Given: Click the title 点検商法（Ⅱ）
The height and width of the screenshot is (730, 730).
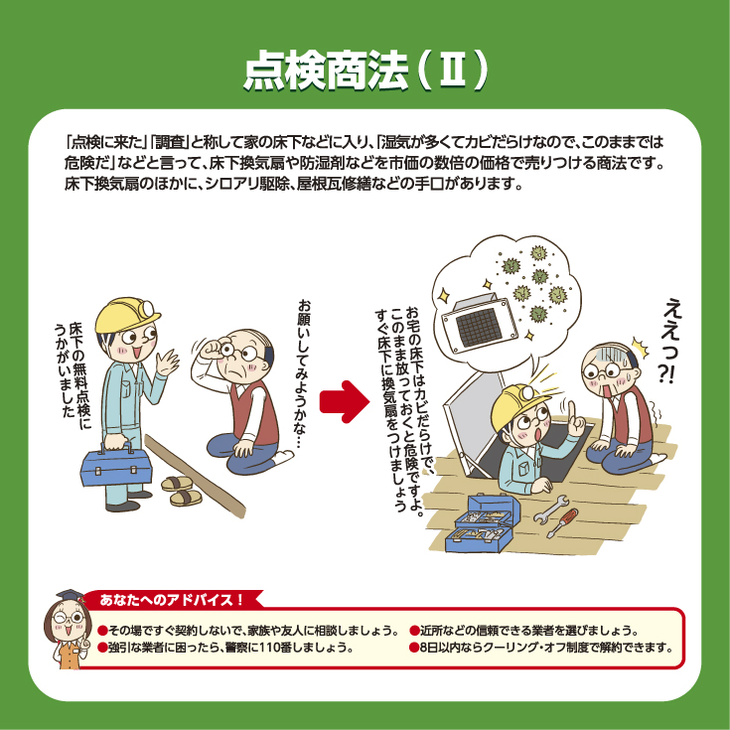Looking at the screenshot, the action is [365, 71].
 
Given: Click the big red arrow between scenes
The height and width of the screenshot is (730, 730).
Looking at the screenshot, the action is [344, 402].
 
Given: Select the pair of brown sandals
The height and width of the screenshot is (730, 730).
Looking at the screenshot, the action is [182, 491].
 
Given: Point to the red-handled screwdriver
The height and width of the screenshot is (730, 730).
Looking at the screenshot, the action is [562, 522].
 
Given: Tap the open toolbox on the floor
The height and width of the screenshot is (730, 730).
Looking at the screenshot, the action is [482, 523].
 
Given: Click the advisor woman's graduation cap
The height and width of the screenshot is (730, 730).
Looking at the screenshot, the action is [70, 596].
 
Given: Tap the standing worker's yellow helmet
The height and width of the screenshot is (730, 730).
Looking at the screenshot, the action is [127, 315].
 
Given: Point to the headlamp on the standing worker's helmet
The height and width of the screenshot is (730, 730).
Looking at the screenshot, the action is [148, 307].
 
